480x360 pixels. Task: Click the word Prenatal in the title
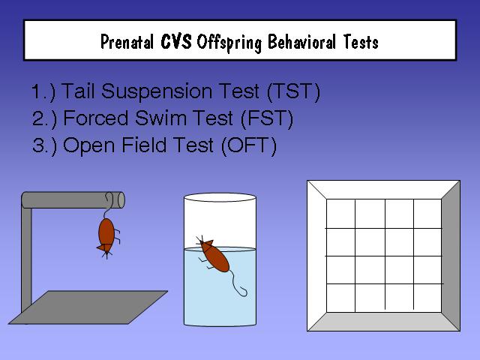(x=127, y=42)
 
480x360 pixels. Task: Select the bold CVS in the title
(x=176, y=41)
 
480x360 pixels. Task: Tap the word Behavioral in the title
(x=301, y=42)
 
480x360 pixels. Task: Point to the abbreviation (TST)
(x=293, y=91)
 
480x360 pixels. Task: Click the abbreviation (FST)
(x=267, y=118)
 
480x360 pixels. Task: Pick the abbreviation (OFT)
(x=249, y=145)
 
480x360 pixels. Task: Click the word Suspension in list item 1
(x=157, y=91)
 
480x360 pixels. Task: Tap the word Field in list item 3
(x=143, y=145)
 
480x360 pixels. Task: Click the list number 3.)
(x=44, y=145)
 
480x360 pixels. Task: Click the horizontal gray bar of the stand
(x=73, y=200)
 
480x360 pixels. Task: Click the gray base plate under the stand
(x=88, y=307)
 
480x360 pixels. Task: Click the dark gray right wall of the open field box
(x=451, y=256)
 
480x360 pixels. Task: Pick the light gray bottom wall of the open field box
(x=384, y=322)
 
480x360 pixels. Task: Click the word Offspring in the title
(x=229, y=42)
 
